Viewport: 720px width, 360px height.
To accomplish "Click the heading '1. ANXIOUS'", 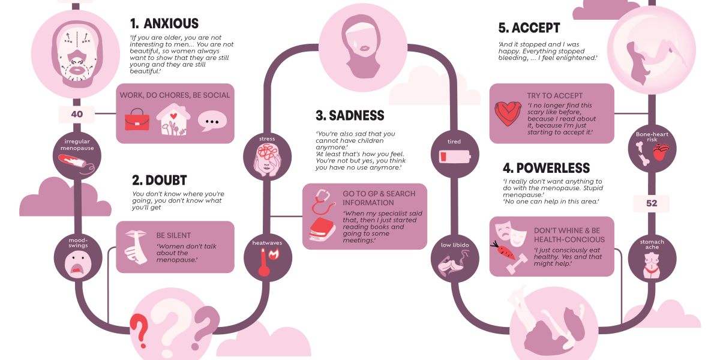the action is click(x=164, y=24).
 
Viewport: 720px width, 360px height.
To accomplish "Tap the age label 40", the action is click(x=77, y=114).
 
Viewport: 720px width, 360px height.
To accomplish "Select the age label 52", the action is click(x=652, y=203).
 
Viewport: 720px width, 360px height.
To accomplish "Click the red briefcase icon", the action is click(x=137, y=119).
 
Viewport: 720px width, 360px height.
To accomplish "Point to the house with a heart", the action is click(x=173, y=119).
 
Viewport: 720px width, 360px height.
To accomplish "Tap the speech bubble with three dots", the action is click(x=212, y=121).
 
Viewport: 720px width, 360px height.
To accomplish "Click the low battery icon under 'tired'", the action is click(x=455, y=157).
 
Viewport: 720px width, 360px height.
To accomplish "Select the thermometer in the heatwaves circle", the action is click(x=264, y=262).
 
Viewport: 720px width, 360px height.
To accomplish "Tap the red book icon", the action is click(x=323, y=229).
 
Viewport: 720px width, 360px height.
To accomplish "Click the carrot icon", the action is click(x=503, y=250).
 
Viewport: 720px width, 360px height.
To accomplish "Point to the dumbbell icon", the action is click(x=517, y=264).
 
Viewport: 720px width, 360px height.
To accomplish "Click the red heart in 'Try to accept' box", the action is click(x=508, y=113).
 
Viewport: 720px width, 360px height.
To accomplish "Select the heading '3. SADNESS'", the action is click(x=350, y=115).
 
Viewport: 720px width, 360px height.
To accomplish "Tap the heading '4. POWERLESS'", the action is click(x=546, y=168).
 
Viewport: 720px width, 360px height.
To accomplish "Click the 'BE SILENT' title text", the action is click(x=173, y=236).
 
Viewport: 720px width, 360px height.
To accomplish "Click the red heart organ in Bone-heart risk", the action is click(x=661, y=152).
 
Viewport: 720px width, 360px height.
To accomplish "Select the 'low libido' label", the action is click(x=455, y=245).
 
